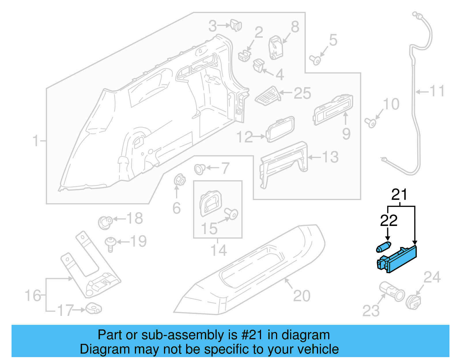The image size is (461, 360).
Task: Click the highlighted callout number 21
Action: (399, 195)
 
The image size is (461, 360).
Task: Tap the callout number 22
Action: (388, 221)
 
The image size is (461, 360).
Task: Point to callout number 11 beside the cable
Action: (437, 91)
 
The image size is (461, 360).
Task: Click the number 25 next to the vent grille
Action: (302, 93)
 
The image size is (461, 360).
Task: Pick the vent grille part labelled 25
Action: (268, 95)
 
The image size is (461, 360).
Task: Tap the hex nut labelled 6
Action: (180, 181)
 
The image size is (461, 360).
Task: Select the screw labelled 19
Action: (110, 244)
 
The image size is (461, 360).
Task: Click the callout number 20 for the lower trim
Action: (302, 296)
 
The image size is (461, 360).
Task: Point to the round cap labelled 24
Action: (413, 302)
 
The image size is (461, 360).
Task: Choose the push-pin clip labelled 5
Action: (315, 60)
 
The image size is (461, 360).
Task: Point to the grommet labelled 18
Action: (105, 223)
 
